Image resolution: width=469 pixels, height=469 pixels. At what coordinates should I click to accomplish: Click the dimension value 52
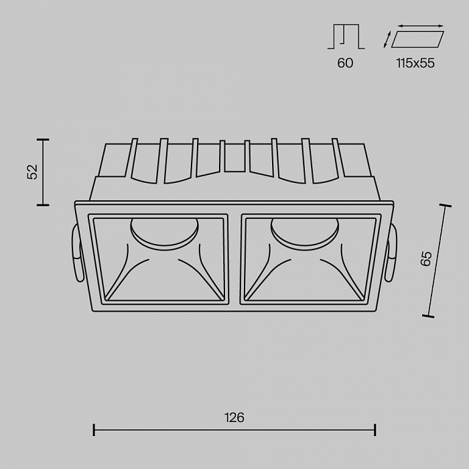(31, 172)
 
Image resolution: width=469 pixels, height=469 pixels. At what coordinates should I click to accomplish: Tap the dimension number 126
(234, 417)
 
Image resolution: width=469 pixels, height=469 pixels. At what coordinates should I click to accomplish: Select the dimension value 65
(425, 259)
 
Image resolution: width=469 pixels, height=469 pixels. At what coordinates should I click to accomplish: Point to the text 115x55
(415, 63)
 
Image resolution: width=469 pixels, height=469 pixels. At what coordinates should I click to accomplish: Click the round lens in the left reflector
(163, 231)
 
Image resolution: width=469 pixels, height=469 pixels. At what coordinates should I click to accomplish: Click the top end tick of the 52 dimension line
(44, 139)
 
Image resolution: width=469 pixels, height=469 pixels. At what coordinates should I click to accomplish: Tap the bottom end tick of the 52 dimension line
(44, 205)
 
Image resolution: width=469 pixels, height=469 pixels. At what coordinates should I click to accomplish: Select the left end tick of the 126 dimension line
(94, 429)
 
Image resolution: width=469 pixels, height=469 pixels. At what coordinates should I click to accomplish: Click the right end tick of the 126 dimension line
(375, 429)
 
